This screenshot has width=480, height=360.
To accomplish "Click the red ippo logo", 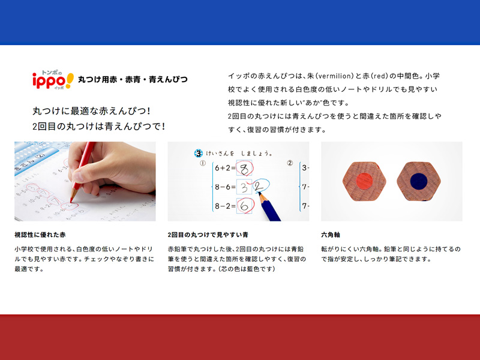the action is (49, 81).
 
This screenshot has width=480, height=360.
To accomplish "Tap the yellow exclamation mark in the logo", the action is (70, 80).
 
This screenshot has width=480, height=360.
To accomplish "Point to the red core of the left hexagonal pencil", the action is (364, 181).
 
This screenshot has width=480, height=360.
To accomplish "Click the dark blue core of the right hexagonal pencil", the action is (418, 181).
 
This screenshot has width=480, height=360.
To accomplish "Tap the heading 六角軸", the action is (331, 235).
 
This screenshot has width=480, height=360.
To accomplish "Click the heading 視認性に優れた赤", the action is (40, 235).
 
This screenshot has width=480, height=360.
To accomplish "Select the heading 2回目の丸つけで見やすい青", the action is (208, 235).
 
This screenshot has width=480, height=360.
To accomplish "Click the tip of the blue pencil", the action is (259, 193).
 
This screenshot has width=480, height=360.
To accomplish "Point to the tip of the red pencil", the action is (71, 202).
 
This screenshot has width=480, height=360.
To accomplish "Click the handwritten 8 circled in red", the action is (244, 169).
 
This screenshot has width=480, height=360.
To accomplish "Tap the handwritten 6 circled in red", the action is (244, 206).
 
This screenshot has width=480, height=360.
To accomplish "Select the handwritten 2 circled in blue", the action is (259, 186).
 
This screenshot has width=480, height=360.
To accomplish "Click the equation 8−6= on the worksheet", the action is (225, 187).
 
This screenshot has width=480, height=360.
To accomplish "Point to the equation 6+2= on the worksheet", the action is (225, 168).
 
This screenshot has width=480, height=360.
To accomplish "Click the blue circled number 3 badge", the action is (199, 153).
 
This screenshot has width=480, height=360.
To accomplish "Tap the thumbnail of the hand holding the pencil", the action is (85, 181).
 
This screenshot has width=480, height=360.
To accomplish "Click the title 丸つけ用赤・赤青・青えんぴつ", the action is (133, 80).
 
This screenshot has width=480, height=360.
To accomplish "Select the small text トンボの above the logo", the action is (52, 73).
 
